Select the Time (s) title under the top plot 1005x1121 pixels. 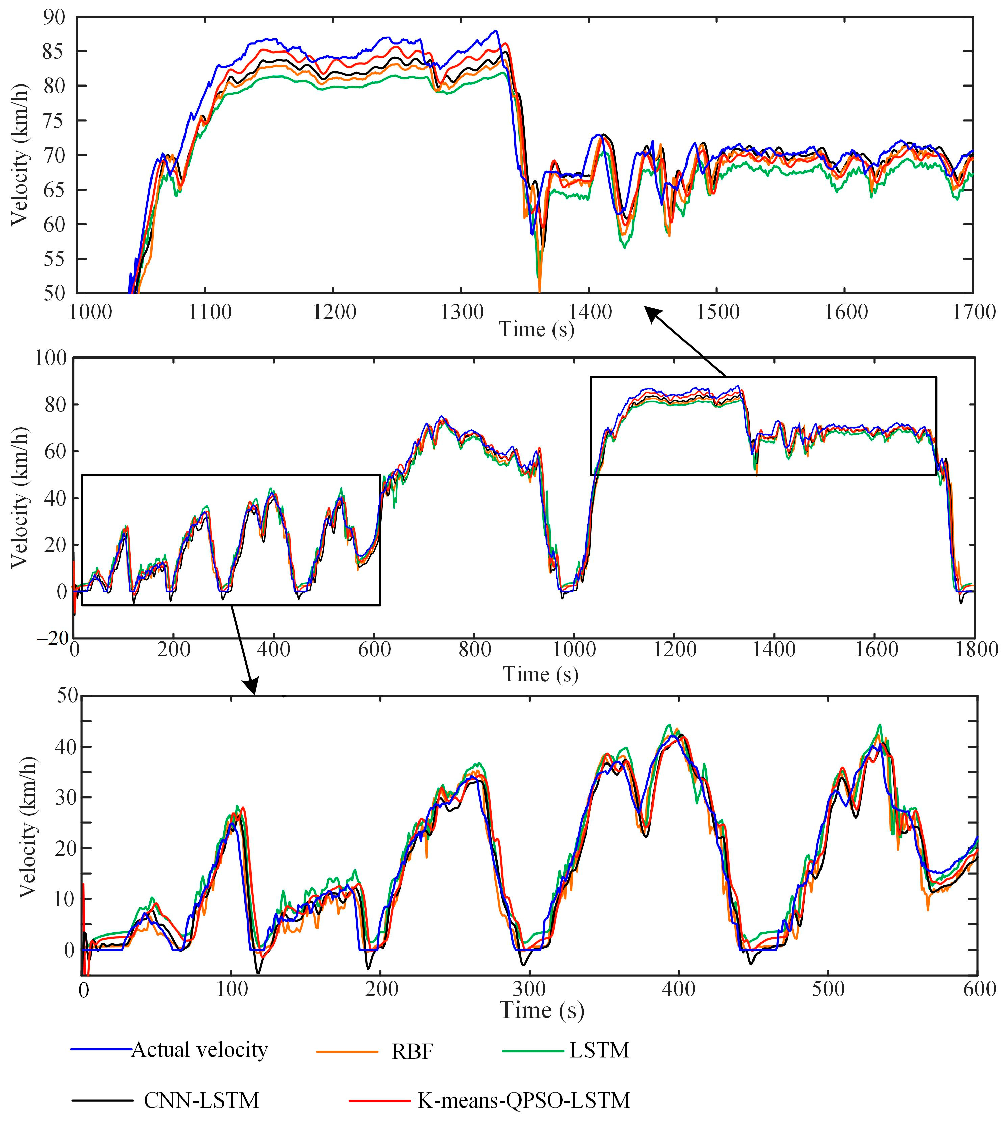(537, 330)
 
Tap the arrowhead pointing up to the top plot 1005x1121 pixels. (652, 314)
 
